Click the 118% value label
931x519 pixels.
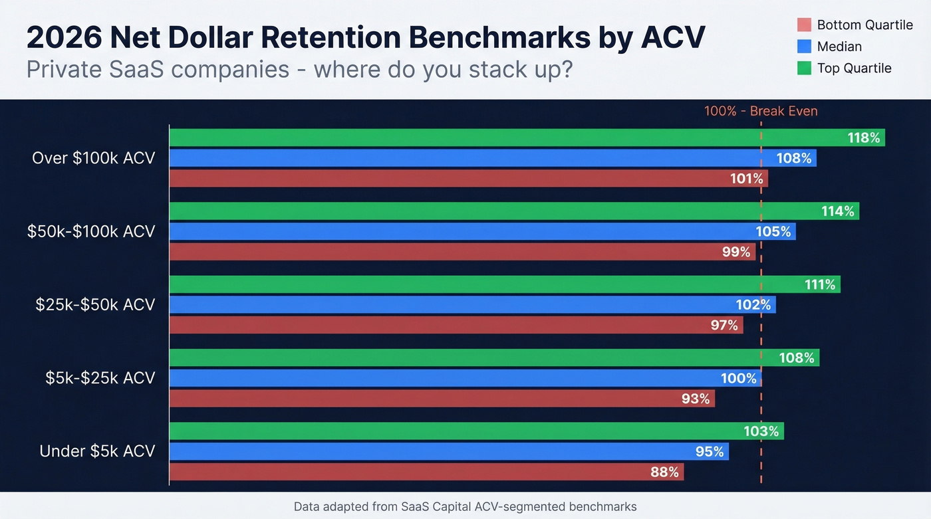coord(863,138)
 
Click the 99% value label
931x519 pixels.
coord(736,253)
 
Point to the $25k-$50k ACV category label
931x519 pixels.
coord(95,304)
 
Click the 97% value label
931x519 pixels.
coord(724,326)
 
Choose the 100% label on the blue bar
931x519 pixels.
coord(739,379)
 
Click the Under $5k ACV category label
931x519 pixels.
coord(97,451)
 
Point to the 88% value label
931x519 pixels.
coord(664,472)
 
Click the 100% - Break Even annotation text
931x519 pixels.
coord(761,111)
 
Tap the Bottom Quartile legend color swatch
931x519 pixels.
coord(804,25)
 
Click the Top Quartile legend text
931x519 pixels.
coord(854,68)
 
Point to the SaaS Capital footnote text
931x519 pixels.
coord(465,507)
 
